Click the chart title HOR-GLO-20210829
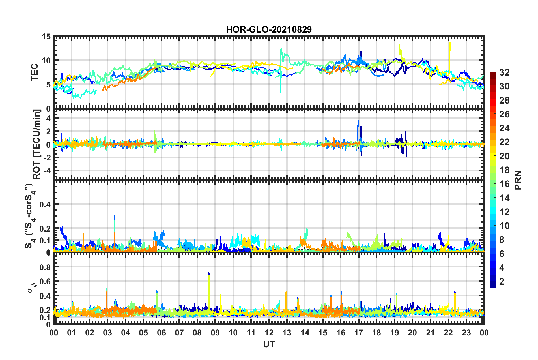(269, 29)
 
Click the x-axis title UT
(269, 344)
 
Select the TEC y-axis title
(35, 72)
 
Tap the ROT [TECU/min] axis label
(37, 144)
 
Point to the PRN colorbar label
(518, 180)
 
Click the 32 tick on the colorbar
(504, 72)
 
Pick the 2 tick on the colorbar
(502, 281)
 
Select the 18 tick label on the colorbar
(504, 170)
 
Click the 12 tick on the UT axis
(269, 333)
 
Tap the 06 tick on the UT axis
(161, 333)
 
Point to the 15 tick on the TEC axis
(46, 37)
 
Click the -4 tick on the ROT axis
(47, 171)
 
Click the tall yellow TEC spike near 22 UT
(449, 43)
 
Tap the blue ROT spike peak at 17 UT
(358, 121)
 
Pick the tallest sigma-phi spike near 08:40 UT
(209, 274)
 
